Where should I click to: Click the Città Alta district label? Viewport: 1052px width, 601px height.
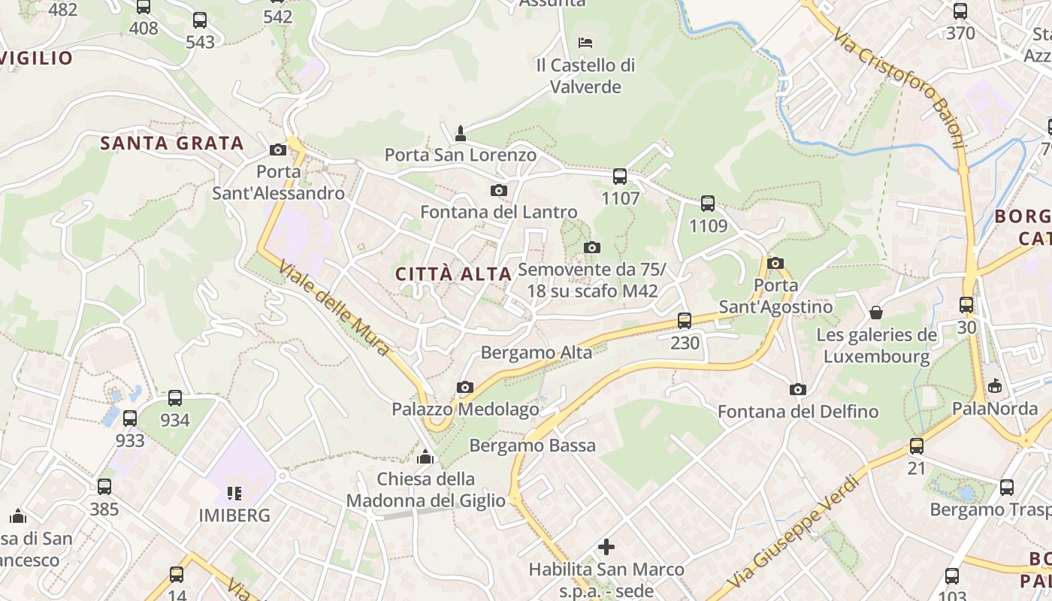click(x=453, y=274)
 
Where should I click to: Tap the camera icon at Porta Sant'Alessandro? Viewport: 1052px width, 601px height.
click(x=278, y=149)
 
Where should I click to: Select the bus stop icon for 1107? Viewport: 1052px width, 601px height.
click(x=620, y=177)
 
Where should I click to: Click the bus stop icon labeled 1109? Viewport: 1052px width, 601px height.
click(x=708, y=203)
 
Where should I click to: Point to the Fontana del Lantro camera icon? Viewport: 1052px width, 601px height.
click(x=498, y=191)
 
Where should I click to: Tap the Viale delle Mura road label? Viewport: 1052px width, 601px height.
click(x=334, y=308)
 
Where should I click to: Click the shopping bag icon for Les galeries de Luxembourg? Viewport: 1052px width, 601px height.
click(x=876, y=312)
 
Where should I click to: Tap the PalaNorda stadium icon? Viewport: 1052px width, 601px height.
click(x=995, y=386)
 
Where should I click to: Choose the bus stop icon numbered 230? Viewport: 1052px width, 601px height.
click(x=685, y=321)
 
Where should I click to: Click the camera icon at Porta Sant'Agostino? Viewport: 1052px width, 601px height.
click(x=775, y=263)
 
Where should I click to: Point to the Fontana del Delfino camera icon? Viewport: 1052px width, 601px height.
click(x=797, y=389)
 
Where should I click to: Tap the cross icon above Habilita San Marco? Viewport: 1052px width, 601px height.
click(x=606, y=547)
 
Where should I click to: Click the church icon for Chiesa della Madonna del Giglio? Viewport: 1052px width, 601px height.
click(x=425, y=457)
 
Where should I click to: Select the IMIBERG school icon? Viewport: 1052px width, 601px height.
click(x=234, y=494)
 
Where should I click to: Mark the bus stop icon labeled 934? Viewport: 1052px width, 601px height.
click(x=175, y=398)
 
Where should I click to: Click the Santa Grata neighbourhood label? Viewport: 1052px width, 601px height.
click(x=172, y=143)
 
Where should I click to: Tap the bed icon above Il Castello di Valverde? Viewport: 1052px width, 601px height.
click(x=585, y=42)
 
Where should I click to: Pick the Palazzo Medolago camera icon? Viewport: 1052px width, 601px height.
click(x=465, y=388)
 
